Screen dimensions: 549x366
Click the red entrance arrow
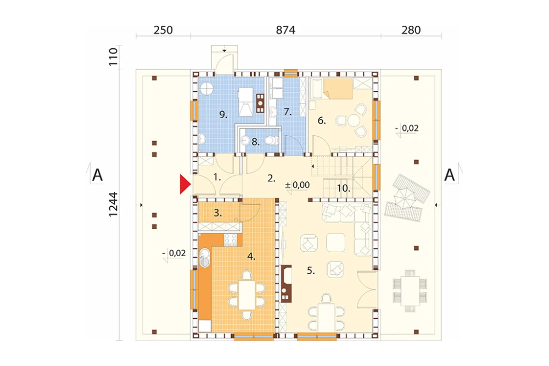184,184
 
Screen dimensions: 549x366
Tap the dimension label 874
285,30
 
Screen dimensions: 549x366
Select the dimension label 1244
113,204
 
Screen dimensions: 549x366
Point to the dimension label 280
411,30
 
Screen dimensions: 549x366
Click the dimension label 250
163,30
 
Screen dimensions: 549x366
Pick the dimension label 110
113,57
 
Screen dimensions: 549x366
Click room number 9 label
223,114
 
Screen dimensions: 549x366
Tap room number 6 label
321,121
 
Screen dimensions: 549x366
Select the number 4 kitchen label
251,257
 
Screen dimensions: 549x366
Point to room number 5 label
311,270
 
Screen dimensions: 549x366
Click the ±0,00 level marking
297,185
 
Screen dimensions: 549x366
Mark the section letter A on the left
97,175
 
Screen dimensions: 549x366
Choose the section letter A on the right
450,175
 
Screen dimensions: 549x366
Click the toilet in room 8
271,141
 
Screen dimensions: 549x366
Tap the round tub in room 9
206,88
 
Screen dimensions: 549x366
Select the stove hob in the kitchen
231,239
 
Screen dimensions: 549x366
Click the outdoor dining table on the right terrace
410,291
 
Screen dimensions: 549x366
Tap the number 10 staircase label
344,188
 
